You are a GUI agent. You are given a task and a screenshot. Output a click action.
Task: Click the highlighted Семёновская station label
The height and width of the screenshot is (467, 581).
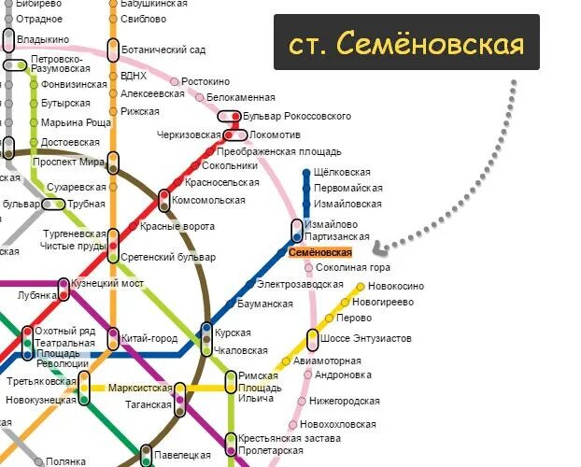pos(319,252)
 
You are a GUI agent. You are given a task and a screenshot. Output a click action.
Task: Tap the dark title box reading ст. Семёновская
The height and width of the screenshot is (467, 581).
pos(406,42)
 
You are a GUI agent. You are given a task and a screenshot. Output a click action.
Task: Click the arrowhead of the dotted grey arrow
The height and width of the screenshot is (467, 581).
pos(376,248)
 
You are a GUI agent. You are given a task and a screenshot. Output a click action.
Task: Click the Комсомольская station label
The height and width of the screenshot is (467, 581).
pos(207,200)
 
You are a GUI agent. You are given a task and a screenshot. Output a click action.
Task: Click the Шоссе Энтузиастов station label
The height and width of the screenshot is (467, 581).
pos(366,338)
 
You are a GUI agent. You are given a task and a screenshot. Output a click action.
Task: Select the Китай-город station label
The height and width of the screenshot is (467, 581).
pos(149,337)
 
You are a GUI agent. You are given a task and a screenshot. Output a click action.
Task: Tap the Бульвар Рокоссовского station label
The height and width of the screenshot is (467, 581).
pos(296,117)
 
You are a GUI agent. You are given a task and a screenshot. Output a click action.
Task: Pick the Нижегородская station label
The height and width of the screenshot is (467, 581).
pos(347,401)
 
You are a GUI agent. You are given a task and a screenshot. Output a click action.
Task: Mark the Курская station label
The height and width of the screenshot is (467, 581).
pos(234,333)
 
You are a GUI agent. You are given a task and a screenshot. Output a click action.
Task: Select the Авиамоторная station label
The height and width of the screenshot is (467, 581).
pos(327,361)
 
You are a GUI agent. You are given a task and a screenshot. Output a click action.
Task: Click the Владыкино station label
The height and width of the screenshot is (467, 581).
pos(44,40)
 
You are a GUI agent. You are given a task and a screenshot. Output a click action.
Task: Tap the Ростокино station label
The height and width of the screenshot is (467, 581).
pos(205,82)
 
